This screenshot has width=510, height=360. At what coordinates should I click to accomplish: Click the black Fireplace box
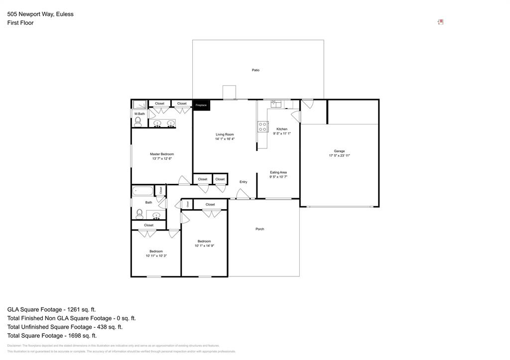[201, 105]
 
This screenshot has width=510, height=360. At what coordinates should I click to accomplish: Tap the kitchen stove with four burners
[263, 126]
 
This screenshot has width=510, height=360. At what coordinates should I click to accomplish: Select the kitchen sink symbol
[276, 104]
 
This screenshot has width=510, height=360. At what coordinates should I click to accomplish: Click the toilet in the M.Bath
[137, 122]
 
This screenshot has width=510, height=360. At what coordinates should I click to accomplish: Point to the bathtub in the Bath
[143, 190]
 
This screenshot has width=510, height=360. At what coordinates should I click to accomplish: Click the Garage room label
[339, 151]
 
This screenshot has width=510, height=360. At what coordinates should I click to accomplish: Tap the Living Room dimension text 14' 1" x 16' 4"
[225, 139]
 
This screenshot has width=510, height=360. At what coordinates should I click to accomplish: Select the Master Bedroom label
[162, 154]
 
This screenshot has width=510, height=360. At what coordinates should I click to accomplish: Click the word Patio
[255, 70]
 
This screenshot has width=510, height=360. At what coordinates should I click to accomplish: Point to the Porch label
[259, 229]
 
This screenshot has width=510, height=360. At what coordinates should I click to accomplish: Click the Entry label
[243, 182]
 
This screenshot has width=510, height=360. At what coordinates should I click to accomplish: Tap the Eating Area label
[278, 172]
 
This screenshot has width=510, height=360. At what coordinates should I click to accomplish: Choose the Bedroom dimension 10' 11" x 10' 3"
[156, 256]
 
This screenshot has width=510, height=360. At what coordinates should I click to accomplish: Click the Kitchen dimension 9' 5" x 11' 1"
[282, 133]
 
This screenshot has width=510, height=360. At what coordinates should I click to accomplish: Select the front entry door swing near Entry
[243, 195]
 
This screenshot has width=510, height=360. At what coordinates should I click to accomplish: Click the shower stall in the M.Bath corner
[139, 105]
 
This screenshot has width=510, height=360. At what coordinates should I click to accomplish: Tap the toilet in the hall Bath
[139, 214]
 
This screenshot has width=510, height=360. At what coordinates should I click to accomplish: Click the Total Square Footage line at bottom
[52, 336]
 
